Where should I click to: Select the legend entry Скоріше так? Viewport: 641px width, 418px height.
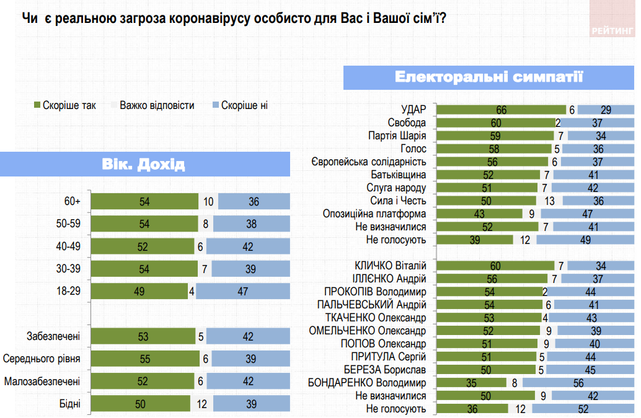coord(64,105)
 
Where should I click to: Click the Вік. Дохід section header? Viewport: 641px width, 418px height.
coord(144,165)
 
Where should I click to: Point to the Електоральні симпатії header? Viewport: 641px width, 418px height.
coord(488,77)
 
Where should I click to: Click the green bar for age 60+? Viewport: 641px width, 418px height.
coord(144,201)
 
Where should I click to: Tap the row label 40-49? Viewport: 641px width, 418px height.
coord(68,246)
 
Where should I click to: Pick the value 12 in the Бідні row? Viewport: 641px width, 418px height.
coord(202,404)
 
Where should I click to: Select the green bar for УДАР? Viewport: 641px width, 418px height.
coord(502,110)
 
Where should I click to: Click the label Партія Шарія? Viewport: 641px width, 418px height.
coord(397,136)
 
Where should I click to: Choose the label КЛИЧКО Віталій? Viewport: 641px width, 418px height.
coord(389,266)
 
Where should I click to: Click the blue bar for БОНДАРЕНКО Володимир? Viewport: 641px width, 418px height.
coord(578,383)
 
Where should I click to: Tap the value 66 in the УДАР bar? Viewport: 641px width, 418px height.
coord(502,110)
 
